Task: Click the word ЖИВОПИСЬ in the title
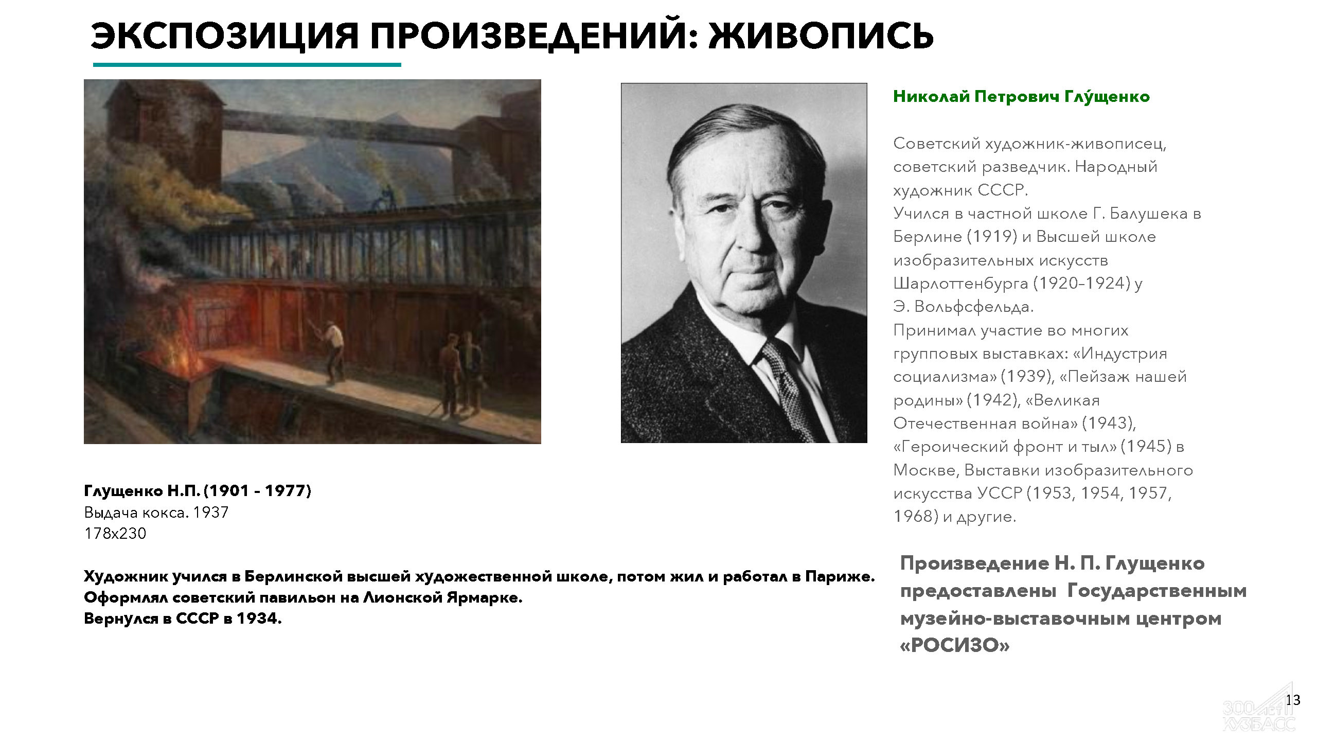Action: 821,36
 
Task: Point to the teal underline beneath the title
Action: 247,65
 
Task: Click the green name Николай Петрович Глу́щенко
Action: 1021,96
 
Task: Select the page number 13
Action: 1293,700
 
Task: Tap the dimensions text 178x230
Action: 115,534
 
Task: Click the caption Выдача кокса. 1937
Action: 156,513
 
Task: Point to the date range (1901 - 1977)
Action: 258,491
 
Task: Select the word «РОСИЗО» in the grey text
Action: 955,645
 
